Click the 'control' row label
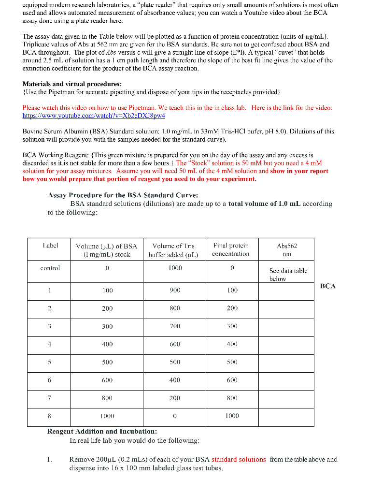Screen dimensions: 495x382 [50, 268]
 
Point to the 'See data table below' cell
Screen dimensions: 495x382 [288, 275]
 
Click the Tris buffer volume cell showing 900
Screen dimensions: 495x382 [175, 290]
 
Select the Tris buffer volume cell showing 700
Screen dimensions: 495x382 [175, 326]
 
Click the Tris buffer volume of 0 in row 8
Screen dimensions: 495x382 [175, 416]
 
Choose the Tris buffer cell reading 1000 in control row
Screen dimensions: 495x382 [175, 268]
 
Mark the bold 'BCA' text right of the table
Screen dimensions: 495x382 [327, 286]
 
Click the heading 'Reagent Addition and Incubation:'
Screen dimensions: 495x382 [102, 431]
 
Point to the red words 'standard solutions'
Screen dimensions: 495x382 [239, 459]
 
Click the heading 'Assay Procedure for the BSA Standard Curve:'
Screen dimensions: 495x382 [123, 195]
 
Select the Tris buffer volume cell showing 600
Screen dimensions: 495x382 [175, 344]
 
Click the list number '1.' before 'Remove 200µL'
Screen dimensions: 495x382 [50, 459]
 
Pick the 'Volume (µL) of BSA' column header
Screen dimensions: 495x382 [107, 249]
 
